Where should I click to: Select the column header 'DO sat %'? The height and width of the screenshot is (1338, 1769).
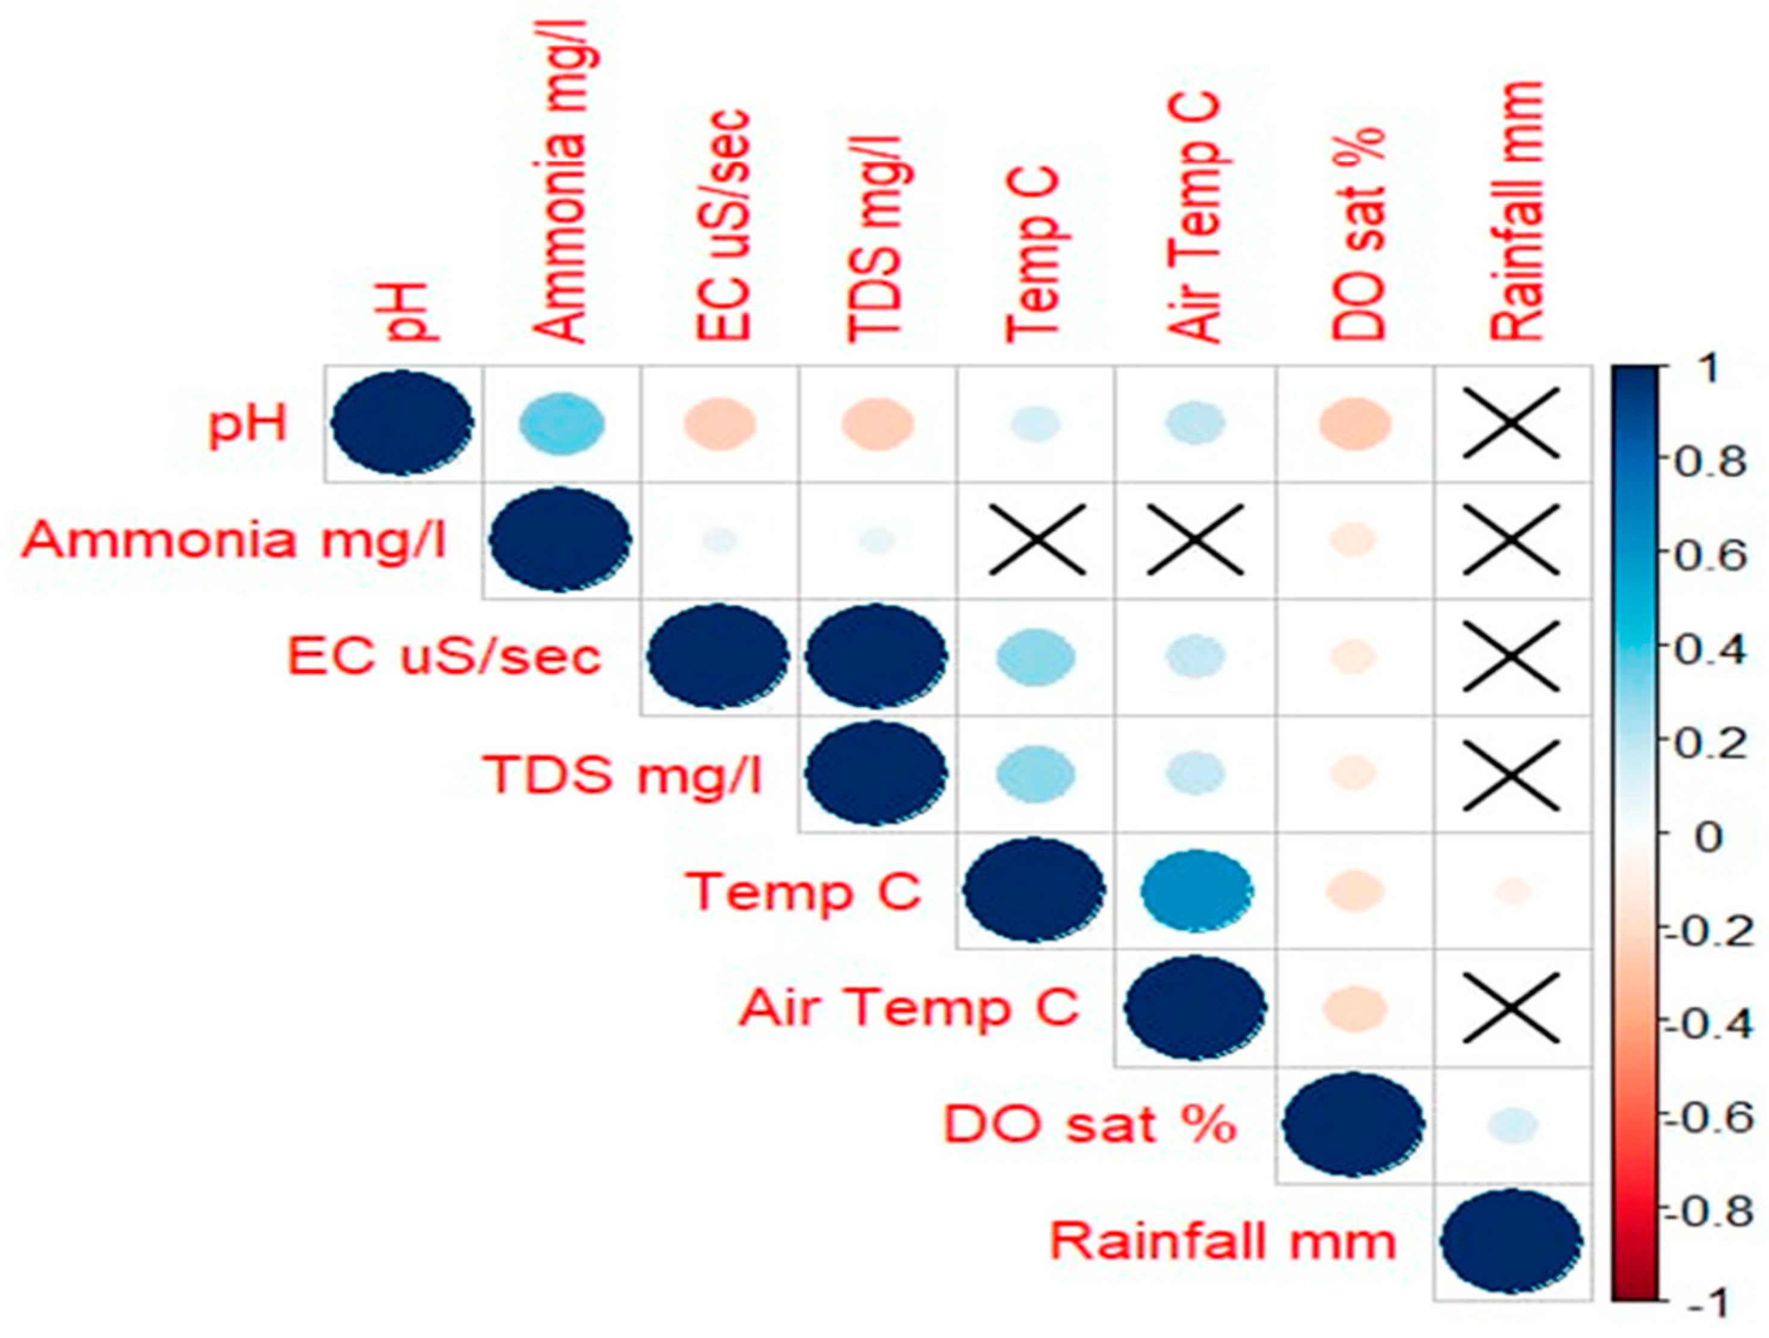click(x=1358, y=233)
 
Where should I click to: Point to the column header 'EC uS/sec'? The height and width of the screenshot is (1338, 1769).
click(x=724, y=226)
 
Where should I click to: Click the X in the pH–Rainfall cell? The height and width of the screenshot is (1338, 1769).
click(x=1511, y=424)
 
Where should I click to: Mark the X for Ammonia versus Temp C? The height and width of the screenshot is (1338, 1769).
click(x=1037, y=540)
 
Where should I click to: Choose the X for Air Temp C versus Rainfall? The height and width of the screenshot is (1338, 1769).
click(x=1511, y=1008)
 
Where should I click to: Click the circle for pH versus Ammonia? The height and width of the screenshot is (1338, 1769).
click(x=561, y=424)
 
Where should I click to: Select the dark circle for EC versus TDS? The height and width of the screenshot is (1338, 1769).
click(x=877, y=656)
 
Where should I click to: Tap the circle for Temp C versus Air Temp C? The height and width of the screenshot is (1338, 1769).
click(x=1196, y=891)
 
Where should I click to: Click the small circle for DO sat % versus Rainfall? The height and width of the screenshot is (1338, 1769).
click(x=1511, y=1124)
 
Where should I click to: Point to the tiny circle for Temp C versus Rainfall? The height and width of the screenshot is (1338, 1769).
click(x=1511, y=891)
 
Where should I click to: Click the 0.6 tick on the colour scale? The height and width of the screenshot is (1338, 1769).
click(x=1708, y=555)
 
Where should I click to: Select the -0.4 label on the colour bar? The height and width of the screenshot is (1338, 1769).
click(x=1705, y=1025)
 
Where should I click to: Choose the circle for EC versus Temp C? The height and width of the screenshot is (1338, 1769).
click(x=1036, y=656)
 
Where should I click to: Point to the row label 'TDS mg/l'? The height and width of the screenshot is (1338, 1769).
click(x=623, y=774)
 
